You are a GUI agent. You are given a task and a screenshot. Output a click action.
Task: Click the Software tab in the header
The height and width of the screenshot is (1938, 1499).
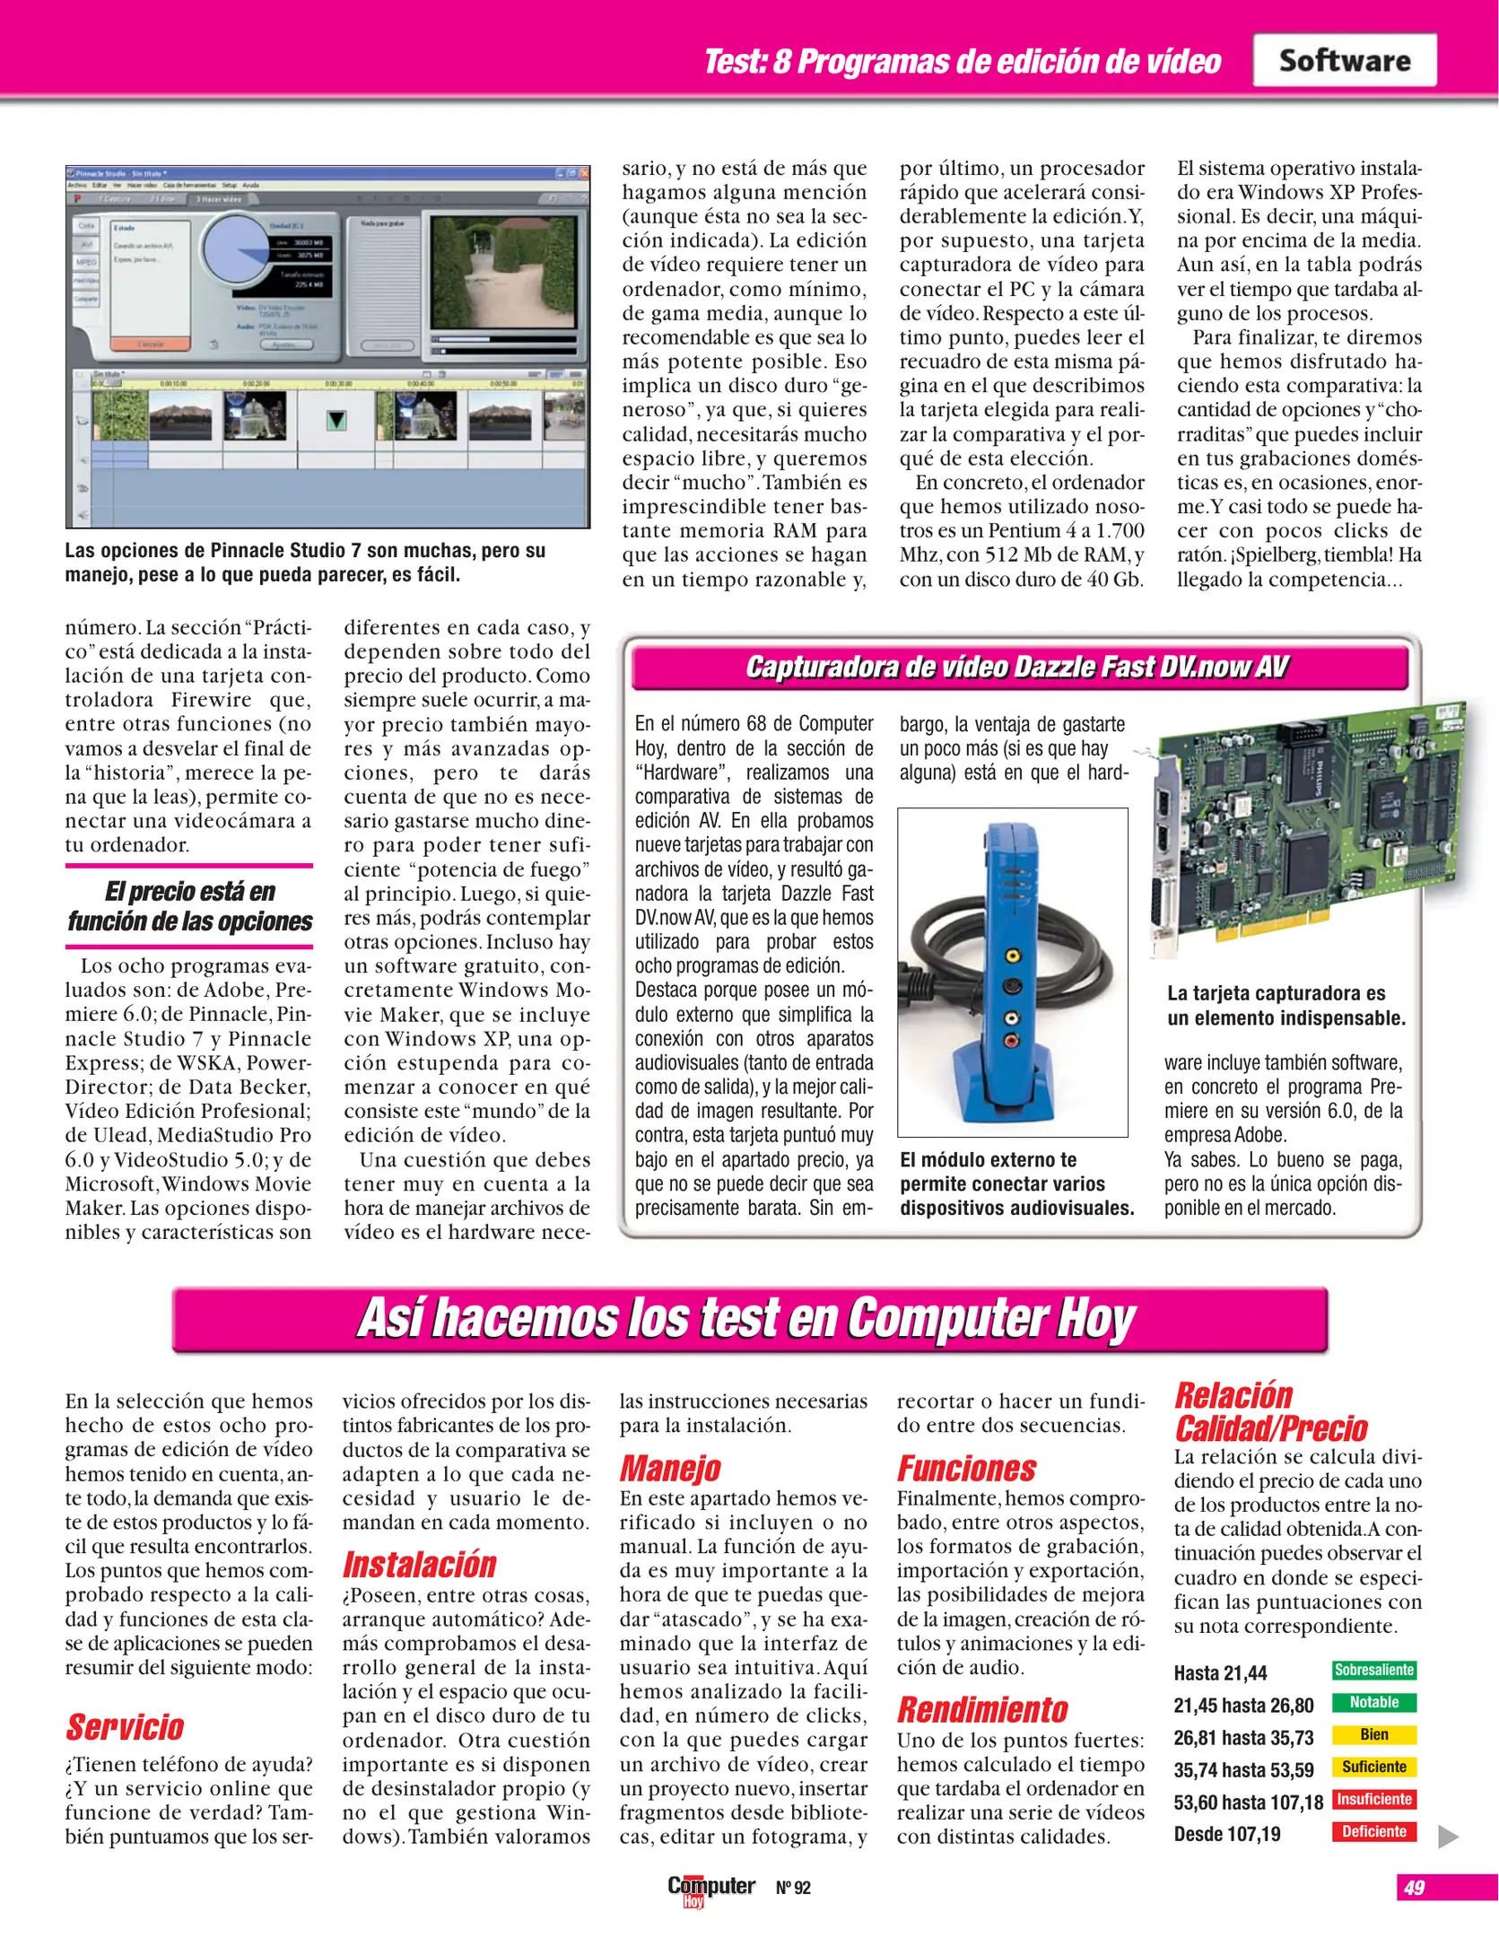tap(1344, 60)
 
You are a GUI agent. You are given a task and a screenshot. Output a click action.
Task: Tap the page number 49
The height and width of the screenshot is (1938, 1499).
tap(1414, 1887)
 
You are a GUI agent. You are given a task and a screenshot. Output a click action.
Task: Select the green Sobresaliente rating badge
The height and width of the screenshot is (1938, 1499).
tap(1373, 1670)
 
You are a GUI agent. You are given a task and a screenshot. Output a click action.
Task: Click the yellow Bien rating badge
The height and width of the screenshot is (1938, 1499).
tap(1373, 1734)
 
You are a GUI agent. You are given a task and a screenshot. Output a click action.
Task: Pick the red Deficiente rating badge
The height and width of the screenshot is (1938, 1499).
tap(1373, 1831)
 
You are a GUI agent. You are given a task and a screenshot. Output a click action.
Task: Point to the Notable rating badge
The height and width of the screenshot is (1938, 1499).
tap(1373, 1702)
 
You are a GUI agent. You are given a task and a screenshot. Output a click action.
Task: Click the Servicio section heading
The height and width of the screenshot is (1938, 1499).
tap(125, 1727)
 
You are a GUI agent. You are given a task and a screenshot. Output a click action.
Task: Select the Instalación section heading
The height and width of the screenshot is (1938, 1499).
tap(419, 1565)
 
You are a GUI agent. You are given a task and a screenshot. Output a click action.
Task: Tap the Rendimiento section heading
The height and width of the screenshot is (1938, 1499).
tap(982, 1710)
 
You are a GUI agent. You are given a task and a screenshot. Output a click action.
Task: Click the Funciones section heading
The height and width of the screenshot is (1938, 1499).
tap(966, 1469)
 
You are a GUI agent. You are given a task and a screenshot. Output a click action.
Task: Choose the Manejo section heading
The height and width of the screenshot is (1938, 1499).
tap(670, 1469)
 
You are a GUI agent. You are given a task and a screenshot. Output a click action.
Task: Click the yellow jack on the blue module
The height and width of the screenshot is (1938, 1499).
tap(1013, 956)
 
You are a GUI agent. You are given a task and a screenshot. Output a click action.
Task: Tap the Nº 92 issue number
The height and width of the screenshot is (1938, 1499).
tap(793, 1888)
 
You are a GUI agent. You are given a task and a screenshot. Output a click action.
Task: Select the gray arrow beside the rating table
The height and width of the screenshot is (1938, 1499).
tap(1447, 1837)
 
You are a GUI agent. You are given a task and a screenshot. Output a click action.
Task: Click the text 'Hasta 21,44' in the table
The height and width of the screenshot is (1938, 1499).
tap(1220, 1673)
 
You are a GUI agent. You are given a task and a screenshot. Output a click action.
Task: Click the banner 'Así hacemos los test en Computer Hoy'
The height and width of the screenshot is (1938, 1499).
tap(749, 1319)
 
